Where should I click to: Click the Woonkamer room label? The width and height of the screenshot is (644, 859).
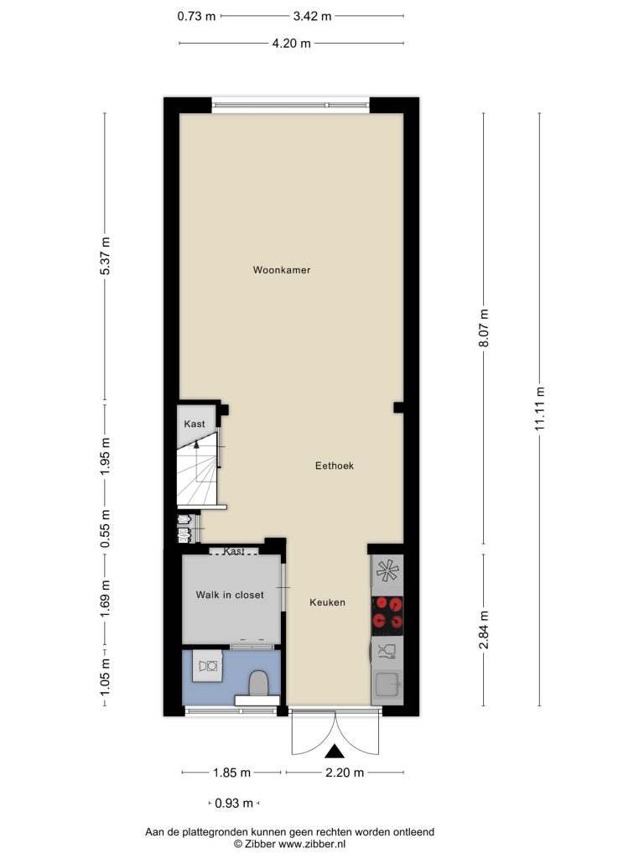click(282, 269)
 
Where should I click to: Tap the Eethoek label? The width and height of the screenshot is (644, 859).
click(335, 466)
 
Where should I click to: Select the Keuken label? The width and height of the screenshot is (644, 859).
click(328, 602)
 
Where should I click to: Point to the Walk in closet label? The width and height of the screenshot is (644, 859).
click(230, 595)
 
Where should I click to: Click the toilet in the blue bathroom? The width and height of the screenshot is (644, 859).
click(258, 684)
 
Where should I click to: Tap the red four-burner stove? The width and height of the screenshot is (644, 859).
click(387, 612)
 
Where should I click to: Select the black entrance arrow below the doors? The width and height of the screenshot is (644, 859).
click(334, 752)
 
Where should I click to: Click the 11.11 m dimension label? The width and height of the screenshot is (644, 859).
click(541, 409)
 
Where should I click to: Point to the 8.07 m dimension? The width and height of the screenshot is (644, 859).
click(484, 328)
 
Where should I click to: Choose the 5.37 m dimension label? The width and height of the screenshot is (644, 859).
click(106, 257)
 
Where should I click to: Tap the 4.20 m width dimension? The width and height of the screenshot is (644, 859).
click(291, 44)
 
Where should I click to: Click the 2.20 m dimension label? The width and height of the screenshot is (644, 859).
click(345, 773)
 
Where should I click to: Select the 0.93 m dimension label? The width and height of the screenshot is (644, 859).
click(234, 804)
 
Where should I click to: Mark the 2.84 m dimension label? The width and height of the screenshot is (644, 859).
click(484, 630)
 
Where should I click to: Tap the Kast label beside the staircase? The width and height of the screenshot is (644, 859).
click(195, 424)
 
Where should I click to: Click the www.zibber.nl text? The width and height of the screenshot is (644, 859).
click(312, 844)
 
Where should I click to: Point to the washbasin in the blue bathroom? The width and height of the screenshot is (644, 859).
click(208, 666)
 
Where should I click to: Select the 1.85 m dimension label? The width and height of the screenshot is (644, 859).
click(231, 773)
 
